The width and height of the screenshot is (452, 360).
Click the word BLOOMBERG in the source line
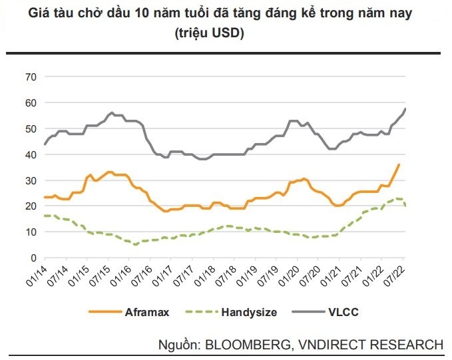(x=245, y=344)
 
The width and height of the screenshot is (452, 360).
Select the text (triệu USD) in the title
(x=226, y=33)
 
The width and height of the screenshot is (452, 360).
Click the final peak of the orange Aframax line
(x=399, y=164)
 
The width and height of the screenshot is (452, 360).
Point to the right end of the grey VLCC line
(x=406, y=109)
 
